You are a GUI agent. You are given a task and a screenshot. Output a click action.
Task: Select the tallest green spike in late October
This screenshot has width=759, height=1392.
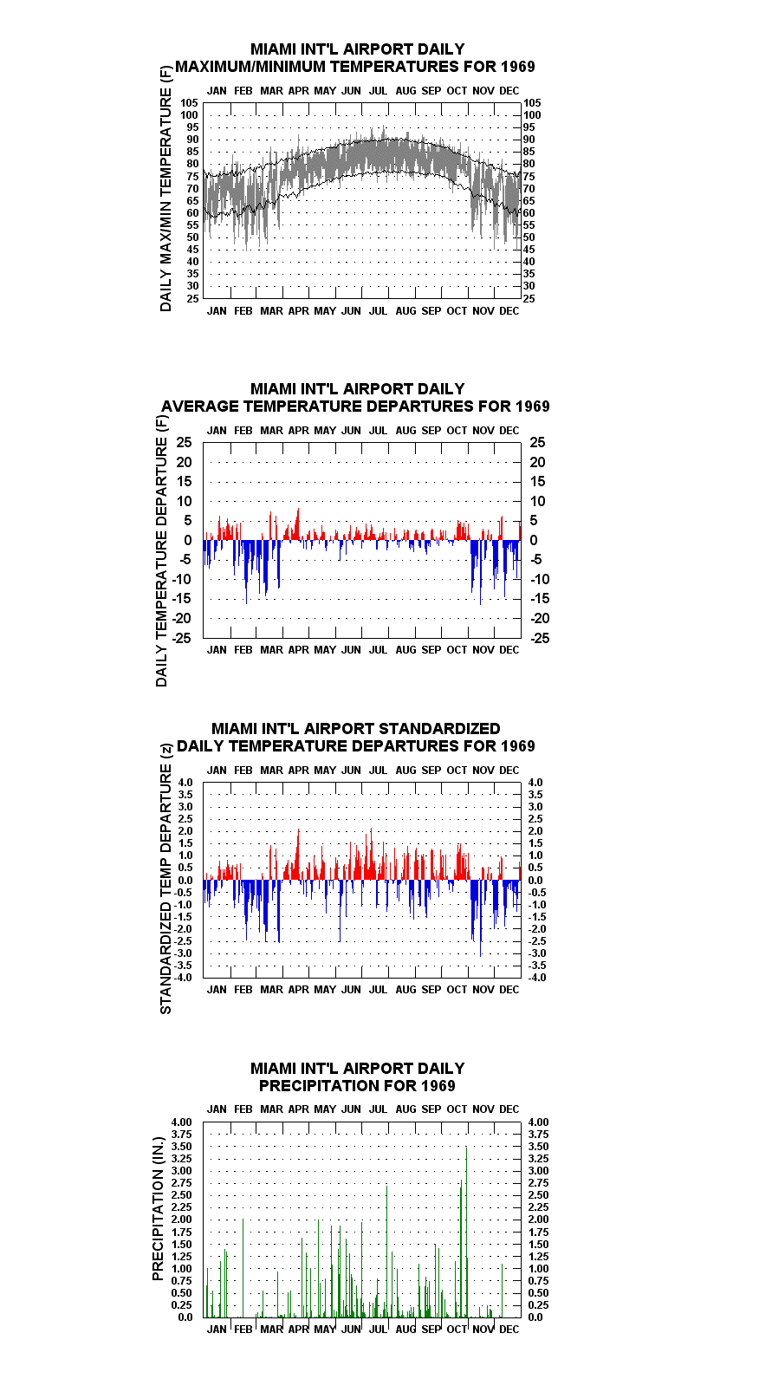click(466, 1232)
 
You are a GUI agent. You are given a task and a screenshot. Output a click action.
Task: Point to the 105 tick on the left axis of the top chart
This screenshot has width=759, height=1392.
click(190, 103)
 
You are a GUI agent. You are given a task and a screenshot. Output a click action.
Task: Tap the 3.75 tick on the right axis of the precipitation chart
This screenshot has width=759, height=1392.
click(539, 1134)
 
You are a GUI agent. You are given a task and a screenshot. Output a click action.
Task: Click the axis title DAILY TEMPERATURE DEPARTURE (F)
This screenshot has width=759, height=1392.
click(161, 550)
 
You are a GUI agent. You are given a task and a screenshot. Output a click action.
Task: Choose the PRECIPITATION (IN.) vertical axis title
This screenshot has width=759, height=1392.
click(158, 1208)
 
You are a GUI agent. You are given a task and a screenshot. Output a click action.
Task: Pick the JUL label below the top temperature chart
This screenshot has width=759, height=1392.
click(379, 310)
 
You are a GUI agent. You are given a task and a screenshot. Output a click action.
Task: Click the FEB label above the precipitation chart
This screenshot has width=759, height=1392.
click(243, 1109)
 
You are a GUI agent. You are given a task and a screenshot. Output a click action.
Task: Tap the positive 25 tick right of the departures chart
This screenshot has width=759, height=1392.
click(537, 442)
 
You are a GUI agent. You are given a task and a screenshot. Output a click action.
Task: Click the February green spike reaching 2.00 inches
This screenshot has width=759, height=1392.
click(243, 1268)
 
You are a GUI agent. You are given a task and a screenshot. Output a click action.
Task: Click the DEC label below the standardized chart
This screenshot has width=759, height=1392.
click(509, 990)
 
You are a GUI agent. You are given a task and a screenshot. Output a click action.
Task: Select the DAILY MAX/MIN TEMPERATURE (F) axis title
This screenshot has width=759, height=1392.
click(165, 189)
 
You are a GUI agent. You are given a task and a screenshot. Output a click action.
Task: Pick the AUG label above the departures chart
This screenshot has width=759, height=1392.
click(405, 431)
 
